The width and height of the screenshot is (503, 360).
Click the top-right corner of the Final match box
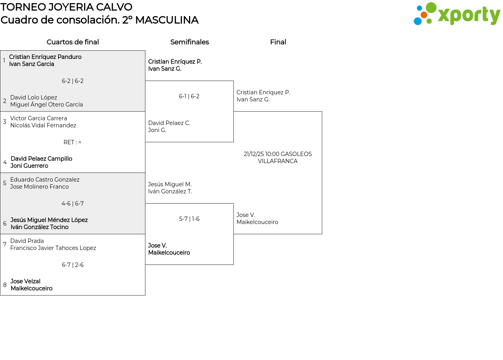[322, 111]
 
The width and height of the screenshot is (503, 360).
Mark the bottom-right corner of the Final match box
[322, 234]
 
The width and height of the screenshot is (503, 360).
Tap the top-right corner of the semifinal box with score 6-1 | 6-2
[233, 81]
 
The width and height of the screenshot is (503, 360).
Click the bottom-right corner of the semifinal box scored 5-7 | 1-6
[233, 264]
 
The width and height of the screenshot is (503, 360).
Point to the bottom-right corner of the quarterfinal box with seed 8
[145, 295]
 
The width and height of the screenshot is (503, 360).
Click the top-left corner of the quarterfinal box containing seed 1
[0, 51]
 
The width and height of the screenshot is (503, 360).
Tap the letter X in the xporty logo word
[444, 16]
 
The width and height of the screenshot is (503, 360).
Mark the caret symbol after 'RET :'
[80, 142]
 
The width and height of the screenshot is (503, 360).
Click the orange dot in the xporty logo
[424, 15]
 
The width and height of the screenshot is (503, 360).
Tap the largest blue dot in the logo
[418, 21]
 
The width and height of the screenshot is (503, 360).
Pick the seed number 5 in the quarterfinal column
[5, 183]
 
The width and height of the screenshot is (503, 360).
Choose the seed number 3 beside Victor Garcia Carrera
[5, 122]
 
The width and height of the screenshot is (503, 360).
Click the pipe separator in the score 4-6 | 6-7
[73, 204]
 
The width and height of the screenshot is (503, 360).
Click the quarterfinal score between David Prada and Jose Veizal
[73, 265]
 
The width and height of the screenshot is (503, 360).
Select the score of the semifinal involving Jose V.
[189, 219]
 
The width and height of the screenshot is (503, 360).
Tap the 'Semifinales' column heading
[189, 42]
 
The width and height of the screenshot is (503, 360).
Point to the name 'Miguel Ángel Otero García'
[46, 105]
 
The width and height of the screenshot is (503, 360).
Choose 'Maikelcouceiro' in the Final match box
[257, 222]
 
